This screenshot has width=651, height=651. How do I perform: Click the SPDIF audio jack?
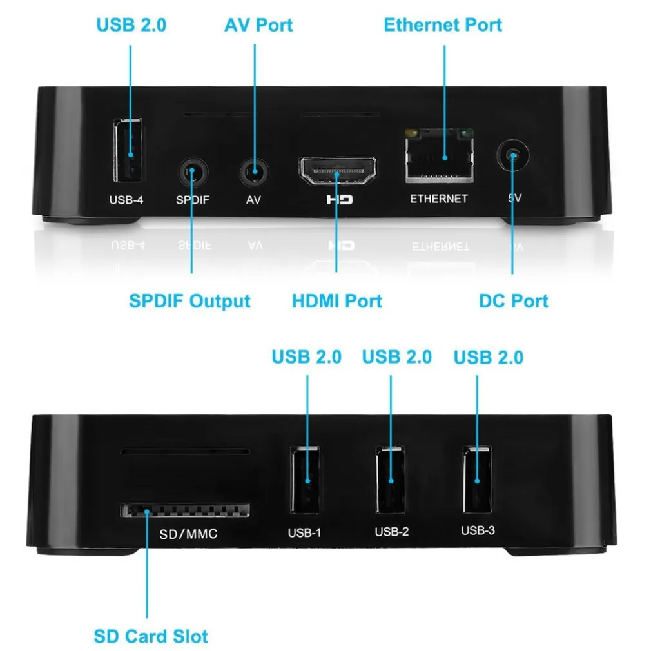click(192, 173)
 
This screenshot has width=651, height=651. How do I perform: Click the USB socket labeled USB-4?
click(129, 151)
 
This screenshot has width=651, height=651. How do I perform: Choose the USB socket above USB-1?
click(306, 478)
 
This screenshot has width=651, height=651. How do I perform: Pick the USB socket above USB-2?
click(391, 478)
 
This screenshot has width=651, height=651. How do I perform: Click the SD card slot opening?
click(185, 511)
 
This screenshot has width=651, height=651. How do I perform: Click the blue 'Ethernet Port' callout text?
click(443, 25)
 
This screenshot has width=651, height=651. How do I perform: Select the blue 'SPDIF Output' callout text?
click(189, 301)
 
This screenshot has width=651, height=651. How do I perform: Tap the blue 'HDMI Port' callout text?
click(337, 301)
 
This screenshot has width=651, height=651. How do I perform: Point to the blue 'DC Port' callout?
click(514, 301)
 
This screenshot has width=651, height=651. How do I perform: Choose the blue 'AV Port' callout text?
click(258, 25)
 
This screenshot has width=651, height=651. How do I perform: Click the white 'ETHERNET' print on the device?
click(439, 199)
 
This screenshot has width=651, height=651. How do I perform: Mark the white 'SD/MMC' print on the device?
click(188, 534)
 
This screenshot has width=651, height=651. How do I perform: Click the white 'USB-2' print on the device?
click(391, 532)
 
